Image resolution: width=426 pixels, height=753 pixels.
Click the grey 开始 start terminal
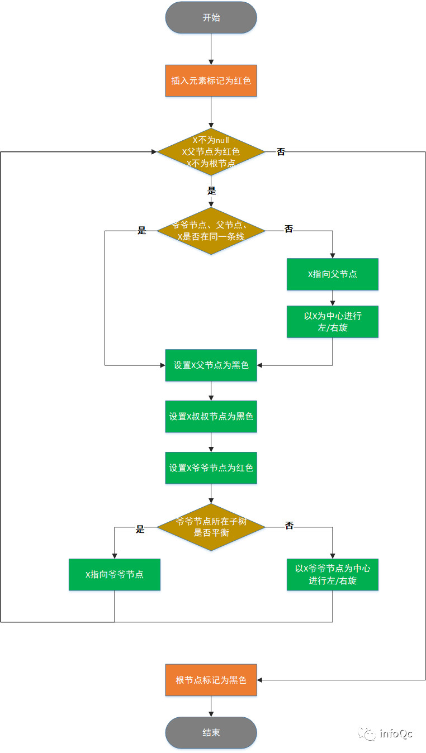[x=211, y=17]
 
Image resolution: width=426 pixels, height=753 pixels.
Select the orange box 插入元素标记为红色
[x=211, y=80]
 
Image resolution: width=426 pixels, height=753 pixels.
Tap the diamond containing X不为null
[x=211, y=151]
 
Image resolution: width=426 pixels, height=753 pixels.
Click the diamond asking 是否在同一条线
[x=211, y=231]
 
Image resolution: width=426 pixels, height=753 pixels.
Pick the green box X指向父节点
[x=333, y=274]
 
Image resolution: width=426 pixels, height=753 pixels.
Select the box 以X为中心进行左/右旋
[x=333, y=322]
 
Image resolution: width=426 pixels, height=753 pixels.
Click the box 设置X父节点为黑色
[x=211, y=365]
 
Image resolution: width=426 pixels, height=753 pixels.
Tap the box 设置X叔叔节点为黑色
[x=211, y=416]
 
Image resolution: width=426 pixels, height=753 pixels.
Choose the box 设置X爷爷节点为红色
[x=211, y=468]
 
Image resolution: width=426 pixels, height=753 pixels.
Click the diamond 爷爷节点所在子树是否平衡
[x=211, y=527]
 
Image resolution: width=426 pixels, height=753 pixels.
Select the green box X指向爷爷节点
[x=115, y=574]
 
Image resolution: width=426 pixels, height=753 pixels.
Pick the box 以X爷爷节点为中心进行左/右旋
[x=333, y=574]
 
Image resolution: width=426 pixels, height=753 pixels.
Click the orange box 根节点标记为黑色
[x=211, y=680]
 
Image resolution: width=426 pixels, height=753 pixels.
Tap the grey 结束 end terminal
[x=211, y=732]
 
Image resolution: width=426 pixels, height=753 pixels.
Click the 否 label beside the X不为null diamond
[x=281, y=152]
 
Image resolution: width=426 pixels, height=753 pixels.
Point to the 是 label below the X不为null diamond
[x=211, y=190]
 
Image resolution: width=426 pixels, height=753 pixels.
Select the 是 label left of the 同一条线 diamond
[x=141, y=230]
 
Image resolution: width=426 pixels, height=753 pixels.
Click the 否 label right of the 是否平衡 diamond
[x=289, y=526]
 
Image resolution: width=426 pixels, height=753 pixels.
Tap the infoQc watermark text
[x=396, y=733]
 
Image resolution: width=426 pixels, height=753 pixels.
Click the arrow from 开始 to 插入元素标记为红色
[x=211, y=49]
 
